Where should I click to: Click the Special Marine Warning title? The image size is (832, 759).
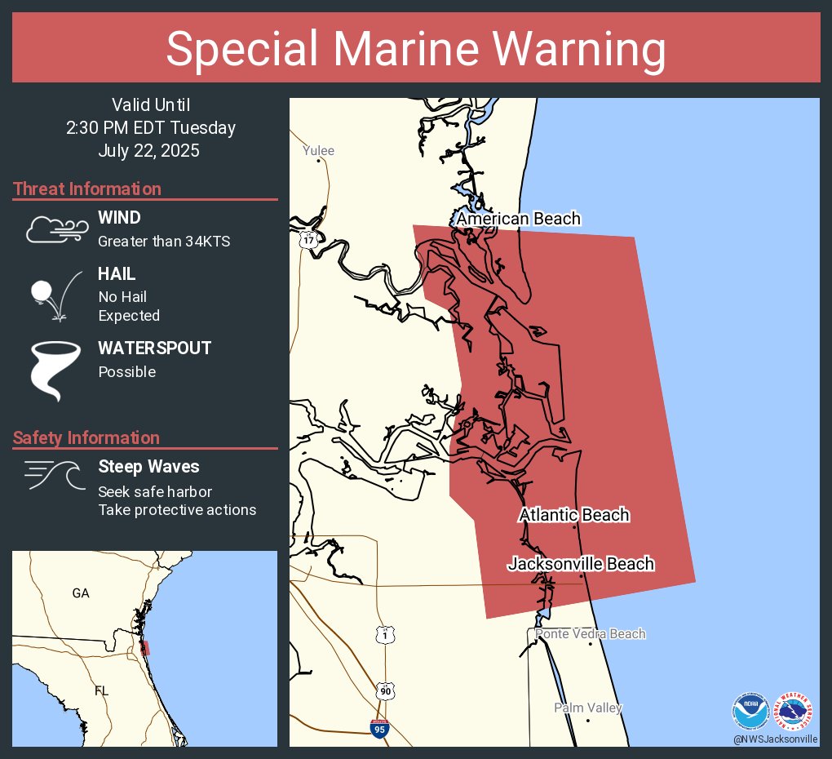[x=416, y=49]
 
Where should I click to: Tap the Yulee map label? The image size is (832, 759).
[x=318, y=151]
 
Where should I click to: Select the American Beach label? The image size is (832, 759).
[x=518, y=219]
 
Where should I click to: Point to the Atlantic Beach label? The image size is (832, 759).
[x=574, y=515]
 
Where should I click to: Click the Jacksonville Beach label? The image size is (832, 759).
[x=581, y=564]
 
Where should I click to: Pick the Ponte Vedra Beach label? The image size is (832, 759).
[x=590, y=634]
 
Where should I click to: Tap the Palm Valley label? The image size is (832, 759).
[x=587, y=708]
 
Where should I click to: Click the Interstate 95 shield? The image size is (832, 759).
[x=379, y=729]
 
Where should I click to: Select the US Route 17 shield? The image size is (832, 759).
[x=307, y=240]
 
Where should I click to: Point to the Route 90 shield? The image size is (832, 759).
[x=384, y=690]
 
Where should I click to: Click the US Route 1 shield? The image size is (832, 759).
[x=384, y=634]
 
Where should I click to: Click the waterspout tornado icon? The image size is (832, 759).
[x=56, y=370]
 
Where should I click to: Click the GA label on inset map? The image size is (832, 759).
[x=80, y=593]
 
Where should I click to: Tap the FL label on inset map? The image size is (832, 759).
[x=101, y=691]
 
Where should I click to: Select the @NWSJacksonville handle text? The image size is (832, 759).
[x=775, y=739]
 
